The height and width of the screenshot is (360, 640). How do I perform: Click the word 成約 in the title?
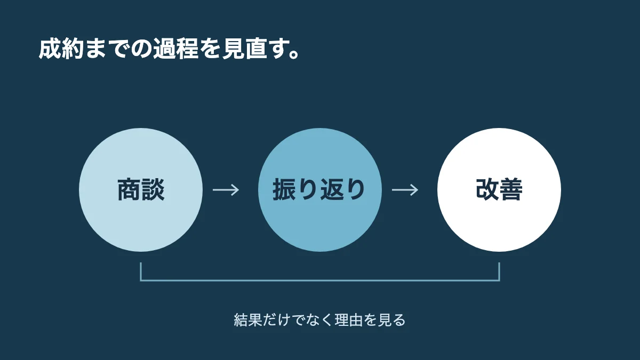(61, 49)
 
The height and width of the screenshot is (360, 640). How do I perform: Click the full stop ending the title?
(294, 54)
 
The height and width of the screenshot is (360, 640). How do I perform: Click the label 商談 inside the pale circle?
(141, 189)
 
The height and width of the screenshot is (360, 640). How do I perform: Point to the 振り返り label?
(319, 189)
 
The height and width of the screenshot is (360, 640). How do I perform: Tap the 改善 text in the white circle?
(499, 189)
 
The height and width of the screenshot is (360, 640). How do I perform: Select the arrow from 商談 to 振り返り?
(226, 190)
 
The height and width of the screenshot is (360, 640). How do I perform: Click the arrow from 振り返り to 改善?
(405, 190)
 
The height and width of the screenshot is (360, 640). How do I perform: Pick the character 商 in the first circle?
(129, 189)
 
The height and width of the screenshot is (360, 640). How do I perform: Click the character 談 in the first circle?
(153, 189)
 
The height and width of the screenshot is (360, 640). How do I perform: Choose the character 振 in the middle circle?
(285, 189)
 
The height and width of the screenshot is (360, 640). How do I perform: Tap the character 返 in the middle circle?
(331, 189)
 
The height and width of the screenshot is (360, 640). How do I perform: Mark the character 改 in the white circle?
(487, 189)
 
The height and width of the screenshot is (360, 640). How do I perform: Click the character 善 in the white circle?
(511, 189)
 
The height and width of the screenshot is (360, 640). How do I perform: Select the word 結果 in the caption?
(248, 320)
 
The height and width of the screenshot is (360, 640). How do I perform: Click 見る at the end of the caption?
(391, 320)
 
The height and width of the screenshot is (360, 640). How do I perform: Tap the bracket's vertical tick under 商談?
(141, 271)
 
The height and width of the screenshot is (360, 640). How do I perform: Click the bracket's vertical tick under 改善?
(499, 271)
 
